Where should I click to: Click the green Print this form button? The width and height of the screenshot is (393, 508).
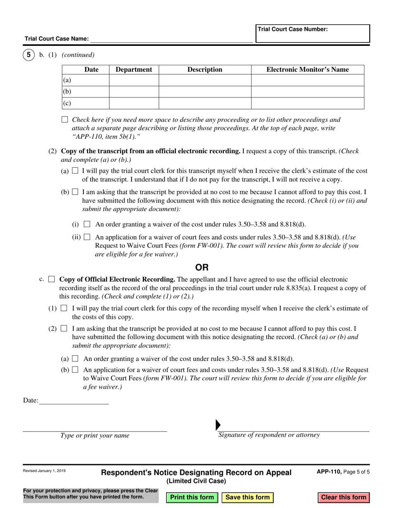click(192, 497)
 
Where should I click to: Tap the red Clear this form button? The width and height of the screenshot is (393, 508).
click(343, 497)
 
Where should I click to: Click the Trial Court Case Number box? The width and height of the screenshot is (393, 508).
click(312, 33)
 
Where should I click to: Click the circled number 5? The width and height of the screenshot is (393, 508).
click(29, 55)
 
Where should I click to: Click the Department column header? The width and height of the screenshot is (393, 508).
click(134, 70)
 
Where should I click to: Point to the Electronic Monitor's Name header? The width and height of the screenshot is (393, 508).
click(307, 70)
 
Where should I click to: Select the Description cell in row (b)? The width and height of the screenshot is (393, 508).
click(205, 92)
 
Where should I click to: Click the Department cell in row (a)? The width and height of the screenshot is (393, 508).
click(134, 80)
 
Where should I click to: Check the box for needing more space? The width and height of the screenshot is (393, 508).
click(65, 120)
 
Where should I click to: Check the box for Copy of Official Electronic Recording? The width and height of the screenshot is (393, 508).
click(52, 280)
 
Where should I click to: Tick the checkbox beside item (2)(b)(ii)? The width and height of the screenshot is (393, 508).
click(87, 237)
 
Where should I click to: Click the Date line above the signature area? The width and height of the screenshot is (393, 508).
click(74, 400)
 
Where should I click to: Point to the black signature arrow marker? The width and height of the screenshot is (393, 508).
click(218, 425)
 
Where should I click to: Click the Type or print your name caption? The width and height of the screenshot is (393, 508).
click(95, 435)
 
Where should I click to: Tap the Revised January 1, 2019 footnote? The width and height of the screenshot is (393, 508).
click(44, 470)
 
